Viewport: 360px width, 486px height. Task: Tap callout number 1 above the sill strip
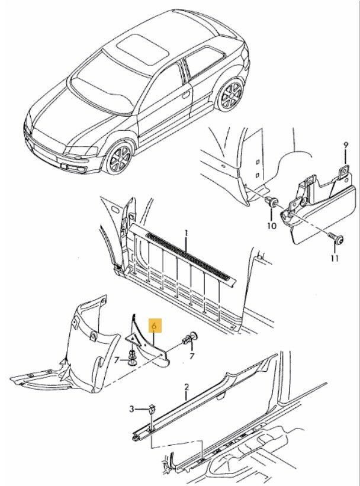pyautogui.click(x=186, y=233)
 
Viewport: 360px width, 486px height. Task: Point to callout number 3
pyautogui.click(x=132, y=409)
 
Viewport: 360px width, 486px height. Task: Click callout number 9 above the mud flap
pyautogui.click(x=346, y=145)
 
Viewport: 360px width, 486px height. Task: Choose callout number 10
pyautogui.click(x=271, y=226)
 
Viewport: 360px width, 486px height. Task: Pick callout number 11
pyautogui.click(x=335, y=258)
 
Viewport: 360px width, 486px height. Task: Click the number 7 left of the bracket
pyautogui.click(x=117, y=361)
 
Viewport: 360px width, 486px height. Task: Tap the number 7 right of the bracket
pyautogui.click(x=192, y=356)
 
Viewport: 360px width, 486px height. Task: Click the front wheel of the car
pyautogui.click(x=118, y=158)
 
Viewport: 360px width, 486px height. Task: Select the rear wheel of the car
pyautogui.click(x=230, y=95)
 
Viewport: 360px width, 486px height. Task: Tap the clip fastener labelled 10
pyautogui.click(x=272, y=202)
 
